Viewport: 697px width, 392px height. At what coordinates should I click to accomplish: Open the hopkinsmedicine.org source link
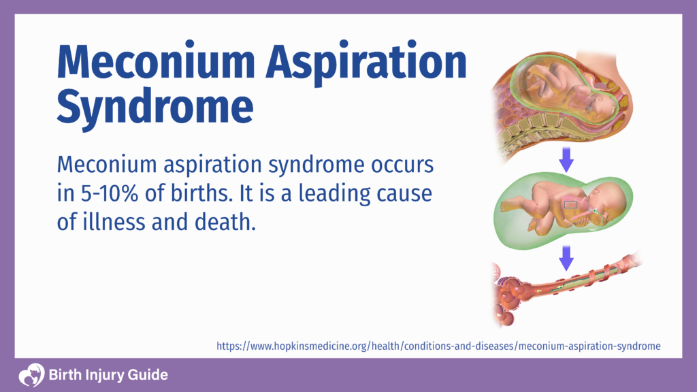coord(438,346)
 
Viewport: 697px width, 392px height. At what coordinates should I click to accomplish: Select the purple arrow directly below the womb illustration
coord(566,161)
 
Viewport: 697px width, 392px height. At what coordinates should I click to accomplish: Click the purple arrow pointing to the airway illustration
coord(566,257)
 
